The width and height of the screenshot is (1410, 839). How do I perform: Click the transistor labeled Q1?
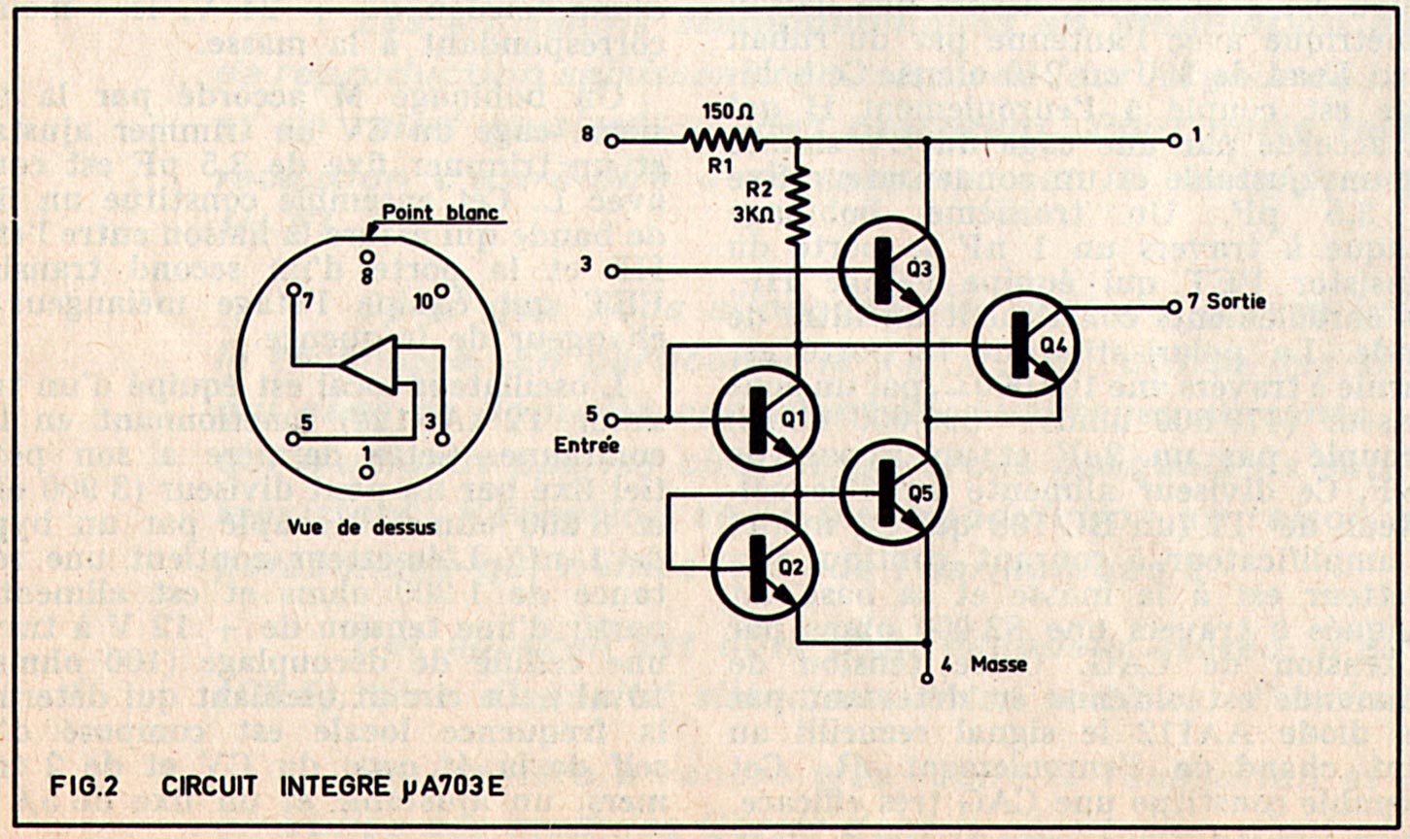[x=764, y=419]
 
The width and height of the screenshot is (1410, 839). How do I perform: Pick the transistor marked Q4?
[x=1024, y=346]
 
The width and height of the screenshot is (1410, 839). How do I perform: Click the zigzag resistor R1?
[x=721, y=141]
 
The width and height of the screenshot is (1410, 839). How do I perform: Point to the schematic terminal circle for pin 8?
[x=611, y=141]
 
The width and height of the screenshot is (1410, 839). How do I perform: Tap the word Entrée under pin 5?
[x=585, y=445]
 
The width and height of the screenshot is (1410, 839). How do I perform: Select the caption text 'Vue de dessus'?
[x=361, y=527]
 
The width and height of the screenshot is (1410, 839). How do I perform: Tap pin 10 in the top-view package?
[x=440, y=291]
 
